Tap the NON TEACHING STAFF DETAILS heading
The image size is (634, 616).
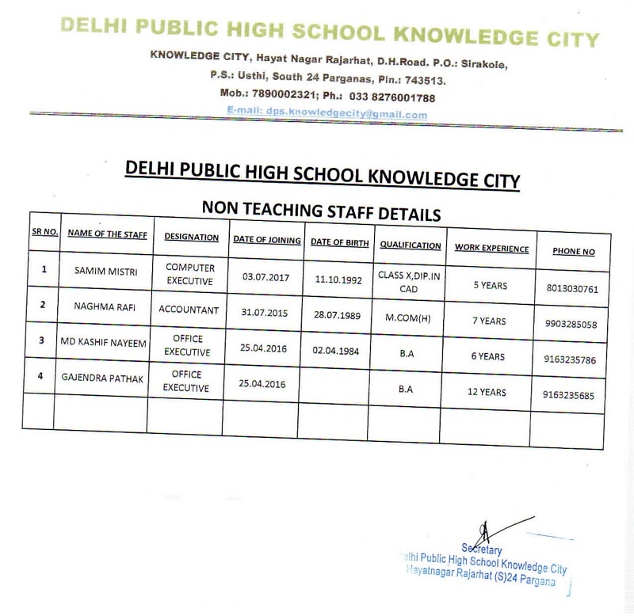click(322, 213)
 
